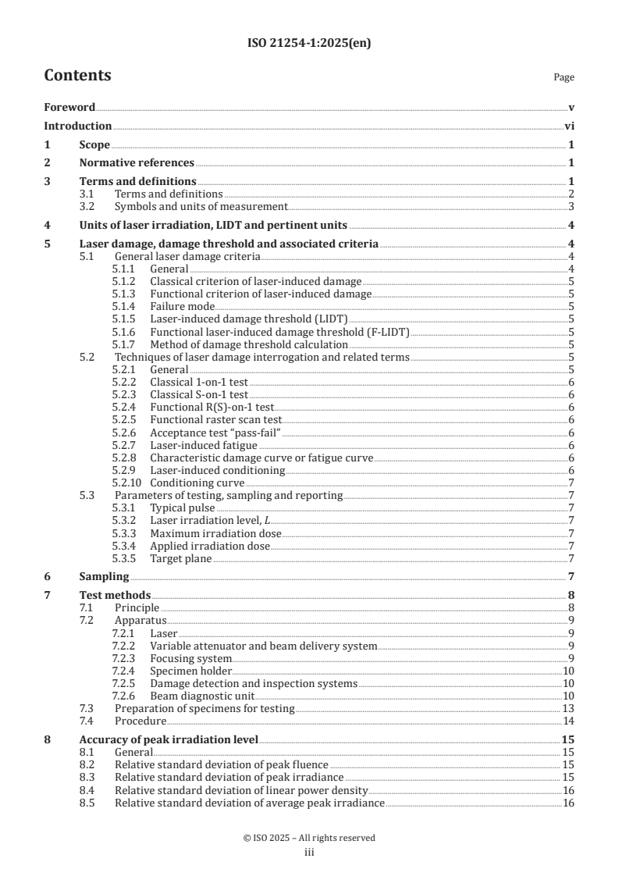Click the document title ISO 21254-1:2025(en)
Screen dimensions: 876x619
309,44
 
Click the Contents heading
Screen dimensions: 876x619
77,76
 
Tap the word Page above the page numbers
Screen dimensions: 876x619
564,77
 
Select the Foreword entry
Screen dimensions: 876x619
69,107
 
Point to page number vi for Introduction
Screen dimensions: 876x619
569,126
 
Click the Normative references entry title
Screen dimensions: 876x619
137,163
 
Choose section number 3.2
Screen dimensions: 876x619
88,206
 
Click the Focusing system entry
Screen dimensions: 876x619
191,658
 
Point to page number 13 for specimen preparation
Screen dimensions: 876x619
568,708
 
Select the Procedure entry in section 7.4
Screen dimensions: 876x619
141,721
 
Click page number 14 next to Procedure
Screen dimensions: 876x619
568,721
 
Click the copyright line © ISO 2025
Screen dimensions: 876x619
309,838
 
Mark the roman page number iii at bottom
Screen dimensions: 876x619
309,853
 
